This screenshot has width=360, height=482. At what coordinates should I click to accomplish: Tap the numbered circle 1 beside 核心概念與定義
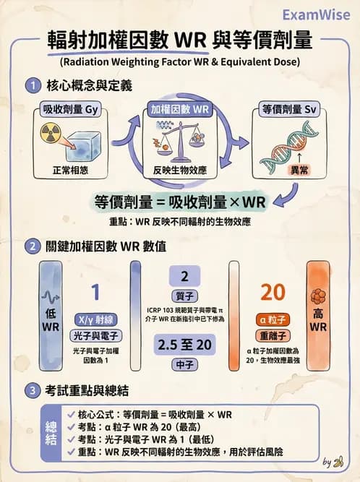coord(32,86)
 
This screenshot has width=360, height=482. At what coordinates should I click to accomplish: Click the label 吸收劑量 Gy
coord(68,111)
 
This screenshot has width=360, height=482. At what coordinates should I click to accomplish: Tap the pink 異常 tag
coord(298,171)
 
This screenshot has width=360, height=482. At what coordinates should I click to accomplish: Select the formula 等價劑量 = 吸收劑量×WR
coord(180,200)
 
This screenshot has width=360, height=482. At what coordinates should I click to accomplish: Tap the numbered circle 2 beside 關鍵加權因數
coord(32,246)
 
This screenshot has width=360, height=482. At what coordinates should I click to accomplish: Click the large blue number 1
coord(95,292)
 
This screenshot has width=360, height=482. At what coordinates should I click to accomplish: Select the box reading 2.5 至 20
coord(184,345)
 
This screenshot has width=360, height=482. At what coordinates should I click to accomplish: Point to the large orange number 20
coord(273,292)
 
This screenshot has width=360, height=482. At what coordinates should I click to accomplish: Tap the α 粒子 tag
coord(273,319)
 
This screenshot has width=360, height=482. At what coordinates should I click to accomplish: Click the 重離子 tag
coord(273,336)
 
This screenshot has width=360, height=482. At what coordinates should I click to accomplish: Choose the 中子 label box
coord(184,365)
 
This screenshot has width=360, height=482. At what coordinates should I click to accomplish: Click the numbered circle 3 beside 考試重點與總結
coord(32,391)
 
